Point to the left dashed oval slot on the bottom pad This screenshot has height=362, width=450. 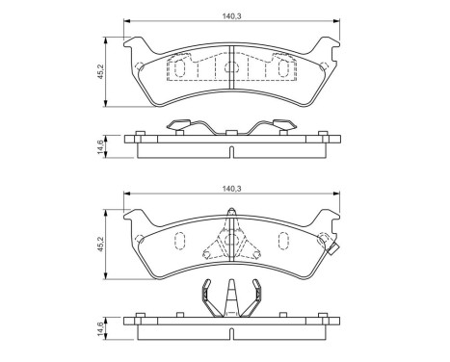(178, 242)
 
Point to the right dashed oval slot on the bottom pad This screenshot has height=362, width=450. (282, 242)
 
